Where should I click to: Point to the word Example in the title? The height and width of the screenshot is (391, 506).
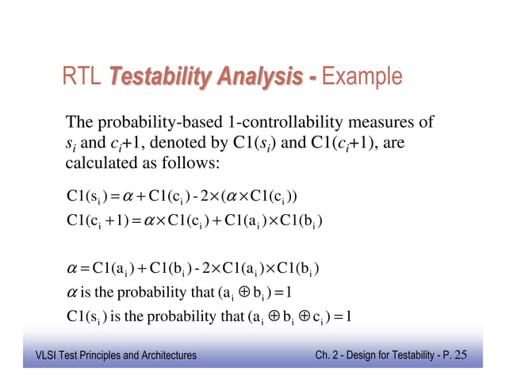tap(363, 78)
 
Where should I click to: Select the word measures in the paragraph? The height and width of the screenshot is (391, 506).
tap(397, 123)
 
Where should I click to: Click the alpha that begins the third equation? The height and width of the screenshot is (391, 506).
tap(71, 266)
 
